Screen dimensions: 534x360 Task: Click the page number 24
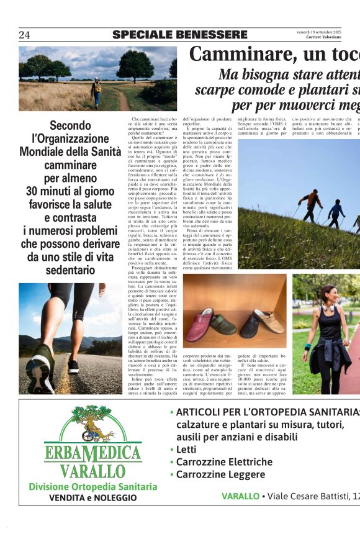click(24, 35)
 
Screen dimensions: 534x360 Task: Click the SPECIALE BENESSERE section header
click(180, 35)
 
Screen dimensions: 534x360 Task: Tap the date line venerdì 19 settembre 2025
click(319, 32)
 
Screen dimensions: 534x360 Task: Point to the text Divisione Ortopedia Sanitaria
click(93, 487)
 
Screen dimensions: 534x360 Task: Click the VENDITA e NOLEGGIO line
click(93, 498)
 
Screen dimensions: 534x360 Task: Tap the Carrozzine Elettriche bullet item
click(224, 462)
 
